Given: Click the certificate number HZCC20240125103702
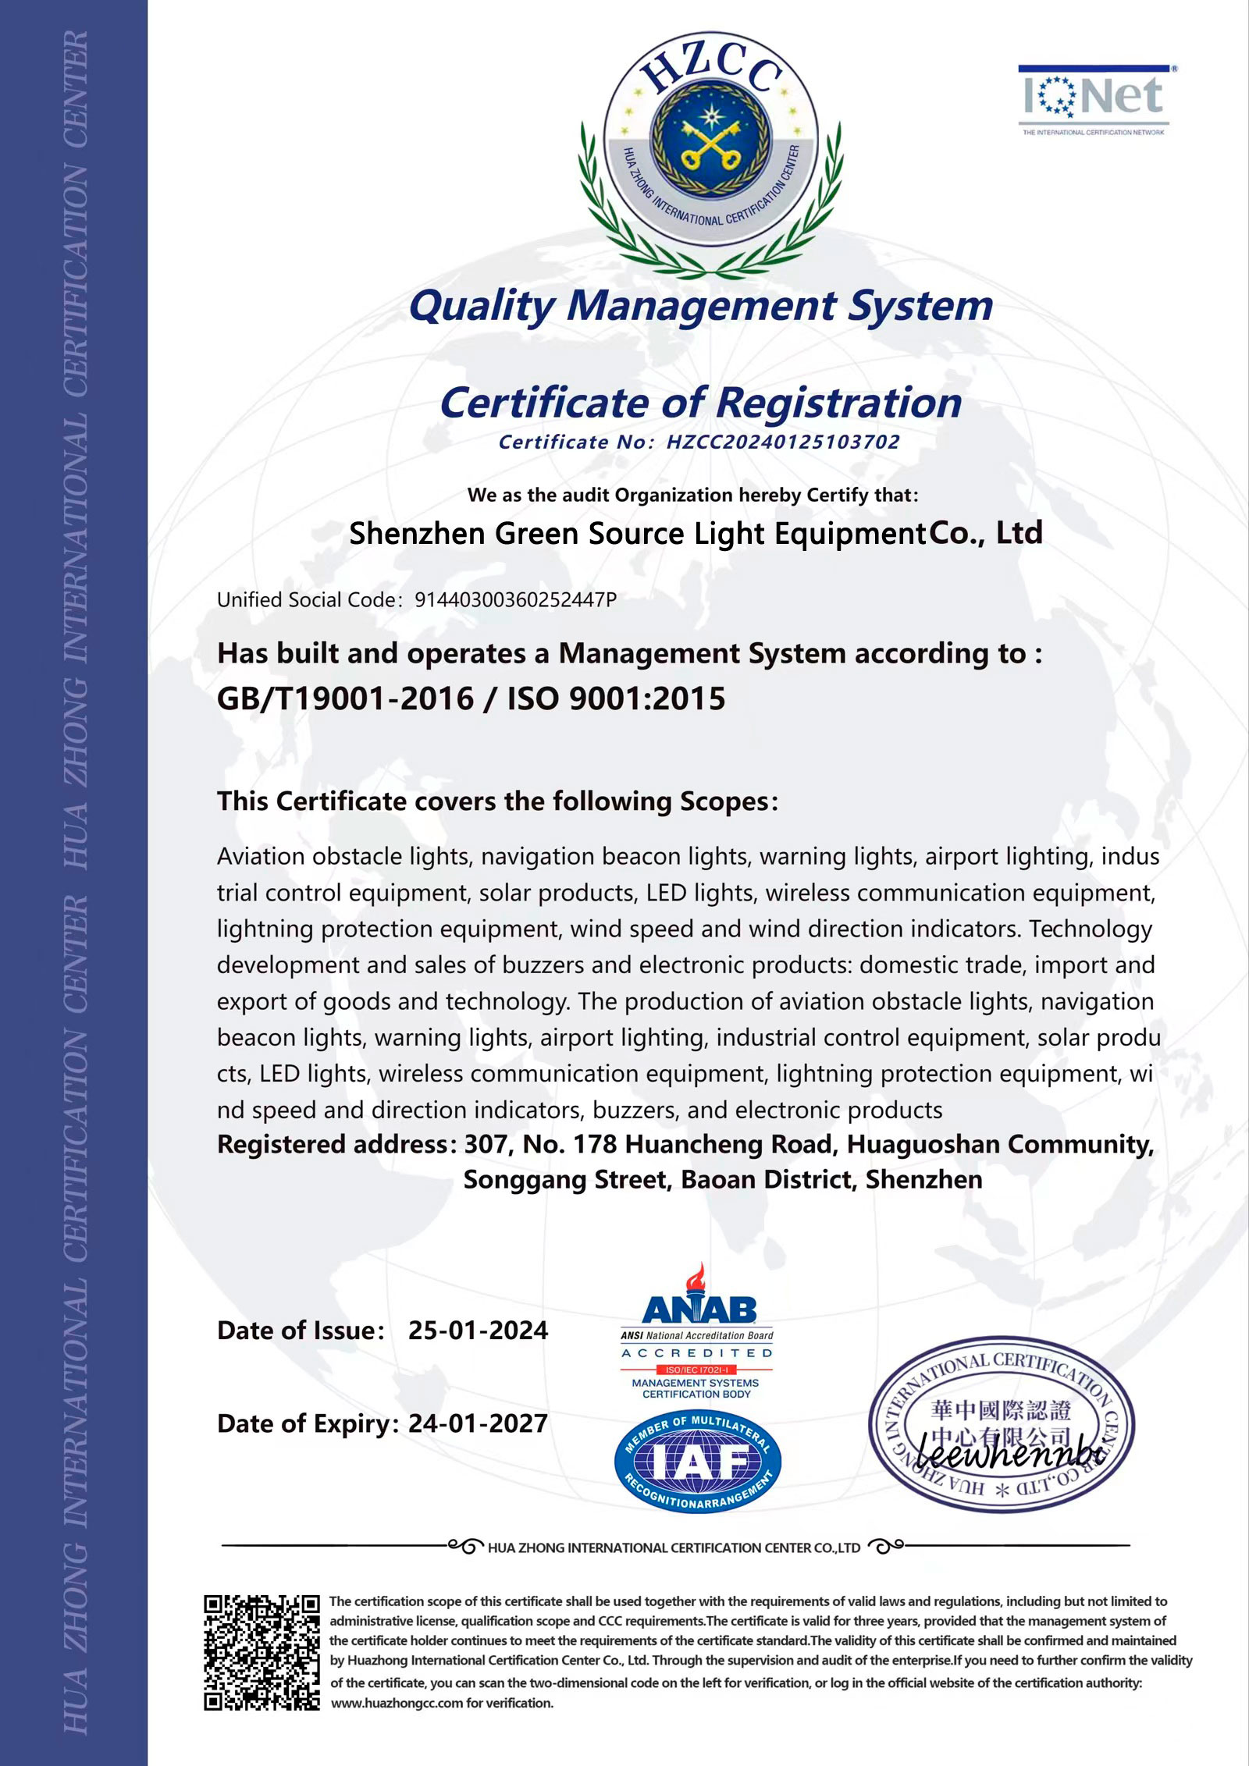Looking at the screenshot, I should click(782, 442).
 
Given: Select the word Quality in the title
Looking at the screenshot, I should click(482, 306).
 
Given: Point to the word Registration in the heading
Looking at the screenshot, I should click(838, 403).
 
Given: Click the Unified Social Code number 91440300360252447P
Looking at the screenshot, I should click(515, 600).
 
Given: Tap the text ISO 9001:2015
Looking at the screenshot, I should click(616, 699).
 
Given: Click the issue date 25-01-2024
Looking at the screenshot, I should click(478, 1331).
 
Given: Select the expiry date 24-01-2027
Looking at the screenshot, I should click(478, 1423).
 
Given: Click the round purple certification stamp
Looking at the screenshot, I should click(1002, 1425).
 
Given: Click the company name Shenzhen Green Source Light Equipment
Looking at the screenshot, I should click(636, 535).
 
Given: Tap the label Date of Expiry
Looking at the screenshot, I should click(306, 1423).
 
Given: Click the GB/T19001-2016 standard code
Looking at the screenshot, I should click(345, 699).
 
